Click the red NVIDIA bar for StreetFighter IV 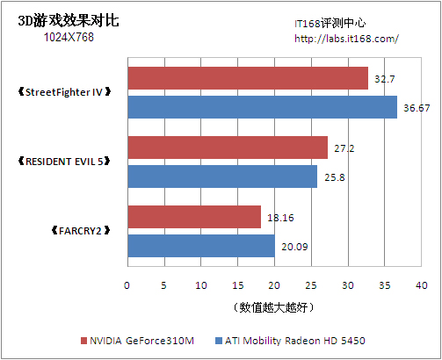tap(248, 78)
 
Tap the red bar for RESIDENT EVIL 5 tap(228, 148)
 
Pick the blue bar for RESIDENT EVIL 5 tap(222, 176)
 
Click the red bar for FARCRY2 tap(194, 217)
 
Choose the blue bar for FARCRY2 tap(201, 245)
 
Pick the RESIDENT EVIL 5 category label tap(65, 162)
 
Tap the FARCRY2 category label tap(78, 231)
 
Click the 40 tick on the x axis tap(422, 285)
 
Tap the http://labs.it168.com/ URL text tap(346, 38)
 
